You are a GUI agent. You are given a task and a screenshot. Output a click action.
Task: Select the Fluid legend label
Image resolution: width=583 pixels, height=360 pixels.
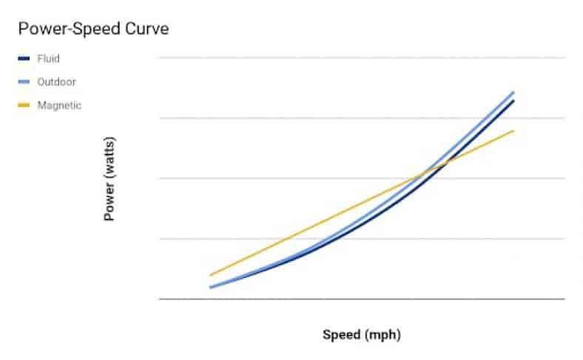click(48, 58)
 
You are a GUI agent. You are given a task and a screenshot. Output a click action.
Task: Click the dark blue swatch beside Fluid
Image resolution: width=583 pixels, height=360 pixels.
click(24, 58)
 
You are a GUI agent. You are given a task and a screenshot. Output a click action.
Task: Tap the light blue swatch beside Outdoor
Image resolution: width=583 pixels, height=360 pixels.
click(24, 82)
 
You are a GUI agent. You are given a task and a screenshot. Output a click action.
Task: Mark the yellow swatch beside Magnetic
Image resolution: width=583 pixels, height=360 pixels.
click(24, 105)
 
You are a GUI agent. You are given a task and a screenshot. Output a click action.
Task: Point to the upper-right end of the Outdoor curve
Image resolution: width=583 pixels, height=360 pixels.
click(513, 92)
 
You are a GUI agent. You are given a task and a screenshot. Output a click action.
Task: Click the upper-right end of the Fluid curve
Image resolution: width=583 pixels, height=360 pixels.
click(513, 101)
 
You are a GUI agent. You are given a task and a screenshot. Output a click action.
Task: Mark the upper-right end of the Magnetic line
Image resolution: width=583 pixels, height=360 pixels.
click(513, 130)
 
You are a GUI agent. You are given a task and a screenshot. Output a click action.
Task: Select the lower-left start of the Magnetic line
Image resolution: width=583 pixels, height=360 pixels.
click(211, 275)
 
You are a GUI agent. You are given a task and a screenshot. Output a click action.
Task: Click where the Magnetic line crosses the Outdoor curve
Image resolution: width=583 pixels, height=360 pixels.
click(422, 174)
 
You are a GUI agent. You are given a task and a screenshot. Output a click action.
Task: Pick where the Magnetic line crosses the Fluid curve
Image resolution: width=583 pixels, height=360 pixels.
click(443, 163)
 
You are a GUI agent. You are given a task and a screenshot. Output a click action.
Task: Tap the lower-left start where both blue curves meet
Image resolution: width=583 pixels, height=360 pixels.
click(211, 287)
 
